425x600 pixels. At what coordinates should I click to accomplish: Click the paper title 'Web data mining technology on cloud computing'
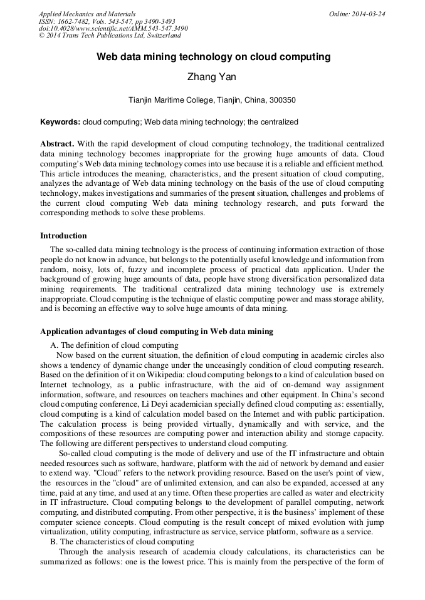(x=212, y=57)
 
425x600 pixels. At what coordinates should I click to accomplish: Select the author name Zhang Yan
(x=212, y=77)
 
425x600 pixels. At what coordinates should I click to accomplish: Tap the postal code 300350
(x=282, y=99)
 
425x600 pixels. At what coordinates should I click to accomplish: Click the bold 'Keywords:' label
(x=60, y=122)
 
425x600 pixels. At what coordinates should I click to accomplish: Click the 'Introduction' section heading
(x=63, y=236)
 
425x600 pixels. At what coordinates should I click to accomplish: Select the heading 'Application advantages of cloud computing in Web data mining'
(x=156, y=331)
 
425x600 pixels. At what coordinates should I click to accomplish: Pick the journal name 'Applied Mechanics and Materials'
(x=87, y=14)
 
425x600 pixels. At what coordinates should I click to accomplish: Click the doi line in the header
(x=113, y=28)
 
